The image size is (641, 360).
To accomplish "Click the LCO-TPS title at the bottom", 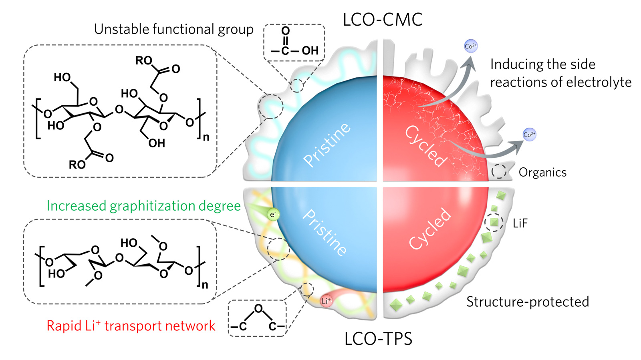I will [x=378, y=339].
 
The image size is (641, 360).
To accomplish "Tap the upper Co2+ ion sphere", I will [x=471, y=46].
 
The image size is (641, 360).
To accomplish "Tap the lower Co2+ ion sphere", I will [x=529, y=135].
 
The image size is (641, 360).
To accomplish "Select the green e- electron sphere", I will [x=273, y=215].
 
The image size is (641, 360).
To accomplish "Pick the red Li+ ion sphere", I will [x=327, y=301].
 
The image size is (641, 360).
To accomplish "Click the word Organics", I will [x=542, y=173].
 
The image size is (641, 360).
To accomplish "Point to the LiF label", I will [x=520, y=223].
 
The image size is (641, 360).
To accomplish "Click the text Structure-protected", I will [x=528, y=302].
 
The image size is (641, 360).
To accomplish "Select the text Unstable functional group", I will [x=173, y=29].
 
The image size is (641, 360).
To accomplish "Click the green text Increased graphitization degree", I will [x=143, y=206].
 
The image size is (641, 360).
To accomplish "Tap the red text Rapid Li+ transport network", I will [x=131, y=326].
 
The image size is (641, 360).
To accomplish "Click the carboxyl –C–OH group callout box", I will [x=294, y=42].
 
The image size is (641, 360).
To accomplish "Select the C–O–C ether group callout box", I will [x=257, y=318].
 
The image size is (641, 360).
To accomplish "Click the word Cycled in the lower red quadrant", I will [x=430, y=229].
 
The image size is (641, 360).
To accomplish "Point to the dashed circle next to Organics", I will [x=499, y=171].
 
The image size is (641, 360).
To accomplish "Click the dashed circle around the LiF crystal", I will [x=494, y=222].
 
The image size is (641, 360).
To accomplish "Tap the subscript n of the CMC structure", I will [x=206, y=137].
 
